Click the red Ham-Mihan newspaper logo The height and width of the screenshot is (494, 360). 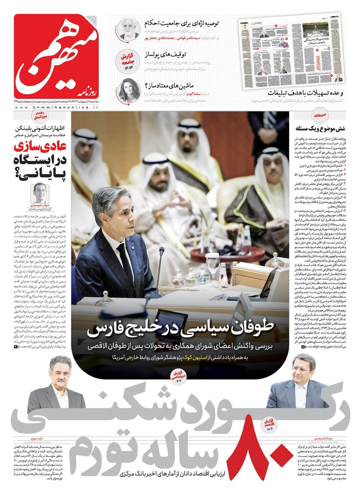click(x=57, y=57)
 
